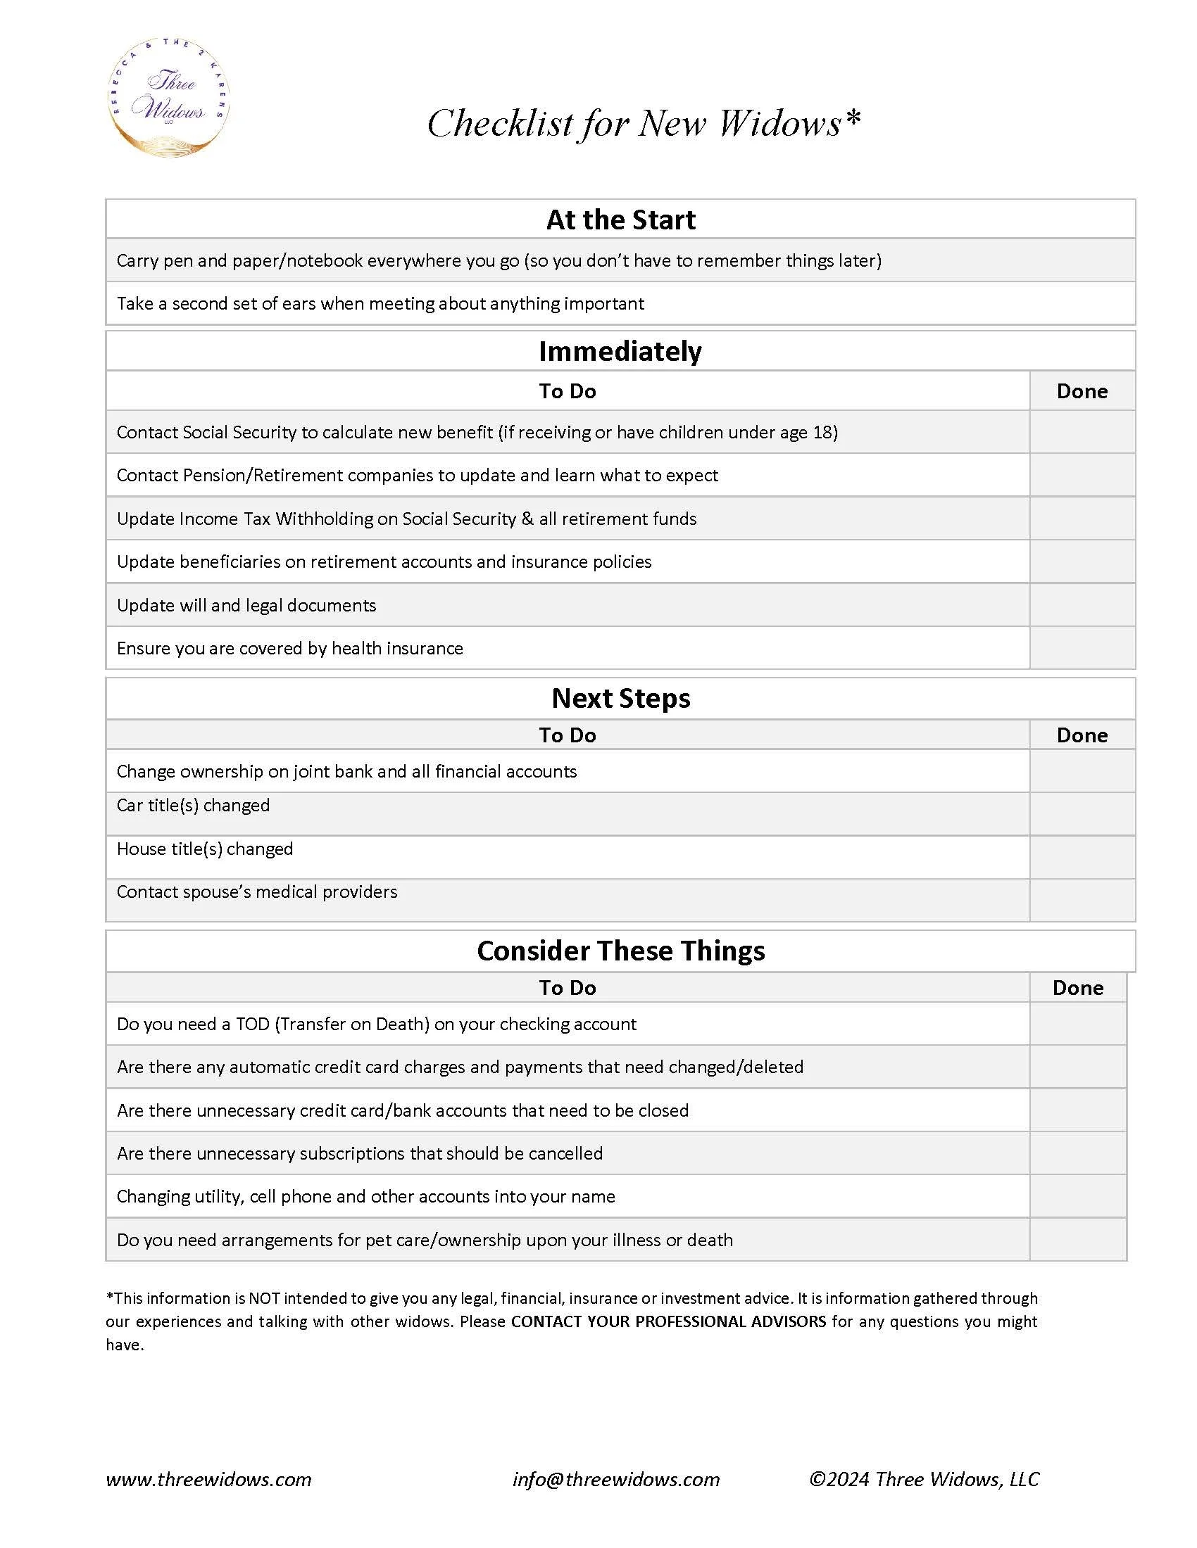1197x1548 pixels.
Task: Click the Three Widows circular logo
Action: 168,97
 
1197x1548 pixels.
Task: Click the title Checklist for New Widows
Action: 643,123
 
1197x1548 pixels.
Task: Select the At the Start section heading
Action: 620,220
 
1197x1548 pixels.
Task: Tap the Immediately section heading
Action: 620,352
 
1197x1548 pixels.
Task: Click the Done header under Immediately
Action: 1082,391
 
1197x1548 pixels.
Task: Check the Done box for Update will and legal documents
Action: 1082,605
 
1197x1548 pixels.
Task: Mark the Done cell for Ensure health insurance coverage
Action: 1082,648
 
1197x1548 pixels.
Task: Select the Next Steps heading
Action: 620,699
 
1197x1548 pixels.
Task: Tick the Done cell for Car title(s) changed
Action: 1082,813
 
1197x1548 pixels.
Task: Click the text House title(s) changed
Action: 204,849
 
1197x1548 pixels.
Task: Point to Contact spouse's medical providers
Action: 257,892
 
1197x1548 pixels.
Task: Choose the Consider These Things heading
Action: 620,951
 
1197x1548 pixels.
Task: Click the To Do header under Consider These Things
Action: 568,988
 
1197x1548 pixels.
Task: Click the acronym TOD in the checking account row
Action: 253,1024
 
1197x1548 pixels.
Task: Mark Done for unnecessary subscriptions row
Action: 1078,1153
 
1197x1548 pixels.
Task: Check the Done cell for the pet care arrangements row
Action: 1078,1240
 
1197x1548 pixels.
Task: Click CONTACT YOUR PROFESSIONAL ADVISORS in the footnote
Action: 668,1322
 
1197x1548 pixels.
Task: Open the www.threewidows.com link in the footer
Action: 208,1480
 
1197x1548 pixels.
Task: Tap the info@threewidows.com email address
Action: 616,1480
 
